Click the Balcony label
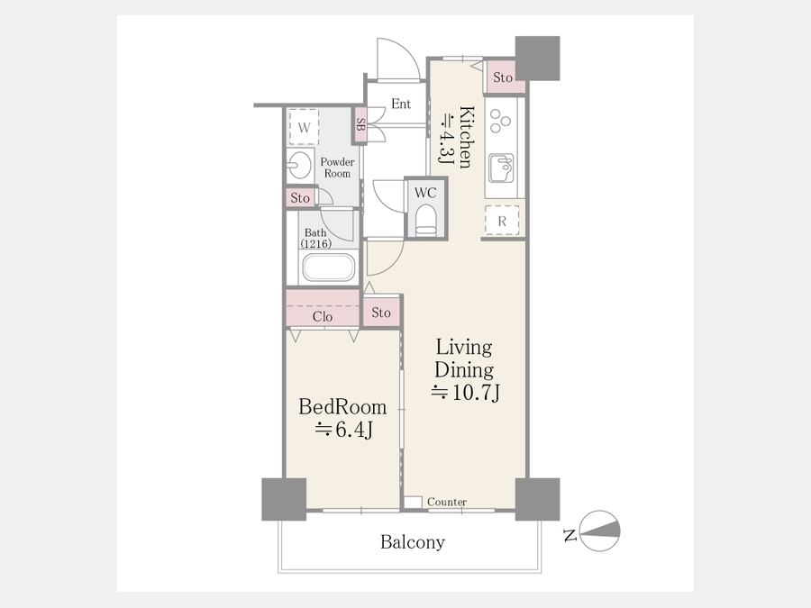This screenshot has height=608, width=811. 412,542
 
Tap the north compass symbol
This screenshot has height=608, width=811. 599,531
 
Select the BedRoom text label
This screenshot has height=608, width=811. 342,407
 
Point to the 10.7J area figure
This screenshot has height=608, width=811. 466,393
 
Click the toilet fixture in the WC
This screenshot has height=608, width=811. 425,219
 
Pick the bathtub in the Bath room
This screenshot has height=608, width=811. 328,267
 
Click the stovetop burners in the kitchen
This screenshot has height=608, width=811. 499,121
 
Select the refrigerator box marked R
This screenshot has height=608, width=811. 502,221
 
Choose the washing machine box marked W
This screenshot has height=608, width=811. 305,127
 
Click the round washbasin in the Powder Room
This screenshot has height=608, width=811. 298,166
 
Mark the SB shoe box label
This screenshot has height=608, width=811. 360,124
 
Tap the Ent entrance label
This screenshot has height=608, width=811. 401,104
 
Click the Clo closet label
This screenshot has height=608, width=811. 323,316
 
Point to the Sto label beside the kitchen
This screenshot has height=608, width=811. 502,77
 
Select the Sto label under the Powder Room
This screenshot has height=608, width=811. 300,198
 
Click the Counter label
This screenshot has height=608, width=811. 447,502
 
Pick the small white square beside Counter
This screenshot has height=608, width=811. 413,502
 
